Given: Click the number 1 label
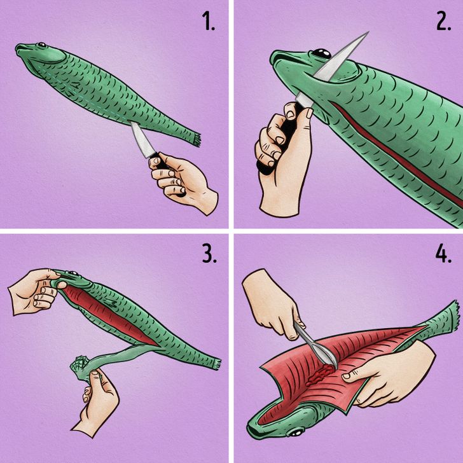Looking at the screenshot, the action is pyautogui.click(x=209, y=21).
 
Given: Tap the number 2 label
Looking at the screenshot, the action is pyautogui.click(x=444, y=21).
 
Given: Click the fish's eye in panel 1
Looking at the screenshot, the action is pyautogui.click(x=41, y=45).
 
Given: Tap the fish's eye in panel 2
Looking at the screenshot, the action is pyautogui.click(x=322, y=53).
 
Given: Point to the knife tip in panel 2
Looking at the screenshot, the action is pyautogui.click(x=368, y=32).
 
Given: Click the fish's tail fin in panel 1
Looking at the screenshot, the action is pyautogui.click(x=195, y=139).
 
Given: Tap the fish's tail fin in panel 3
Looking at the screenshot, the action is pyautogui.click(x=217, y=364).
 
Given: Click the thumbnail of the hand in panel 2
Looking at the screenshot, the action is pyautogui.click(x=309, y=113).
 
